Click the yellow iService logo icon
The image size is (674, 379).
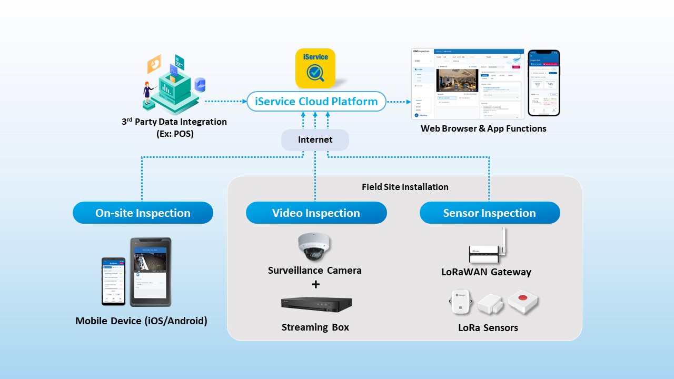(315, 68)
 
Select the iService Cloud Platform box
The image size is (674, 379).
(316, 102)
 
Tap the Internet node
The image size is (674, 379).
(315, 139)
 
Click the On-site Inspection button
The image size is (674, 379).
(143, 213)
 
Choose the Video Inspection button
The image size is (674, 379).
(316, 213)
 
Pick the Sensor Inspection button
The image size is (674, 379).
(489, 213)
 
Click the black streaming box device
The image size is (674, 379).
(316, 304)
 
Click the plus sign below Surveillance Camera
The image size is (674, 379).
(315, 285)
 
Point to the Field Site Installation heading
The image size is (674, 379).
(405, 187)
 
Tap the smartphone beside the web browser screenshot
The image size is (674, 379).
(543, 83)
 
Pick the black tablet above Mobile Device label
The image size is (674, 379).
(151, 272)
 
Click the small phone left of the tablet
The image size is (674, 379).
(113, 281)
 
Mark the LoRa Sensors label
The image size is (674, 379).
(488, 328)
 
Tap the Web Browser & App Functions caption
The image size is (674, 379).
(483, 128)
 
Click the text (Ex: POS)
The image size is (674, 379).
(175, 134)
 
